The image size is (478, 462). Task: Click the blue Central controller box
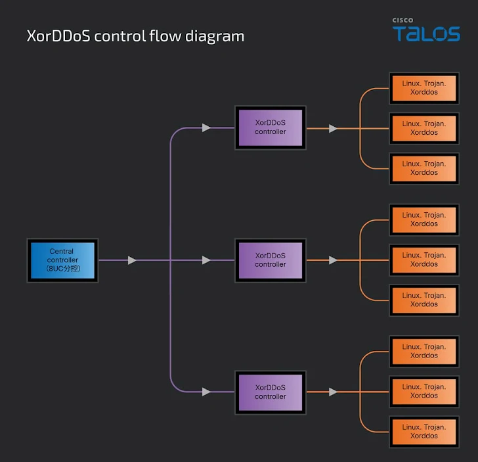(x=62, y=260)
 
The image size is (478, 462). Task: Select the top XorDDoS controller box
(x=271, y=127)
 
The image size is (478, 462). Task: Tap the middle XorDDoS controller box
(x=271, y=260)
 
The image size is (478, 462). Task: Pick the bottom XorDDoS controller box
(x=271, y=392)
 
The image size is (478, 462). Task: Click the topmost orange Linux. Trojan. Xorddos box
(x=424, y=88)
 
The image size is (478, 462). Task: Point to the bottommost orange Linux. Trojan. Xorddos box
(x=424, y=432)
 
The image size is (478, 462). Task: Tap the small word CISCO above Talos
(x=403, y=20)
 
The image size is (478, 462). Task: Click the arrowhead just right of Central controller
(x=133, y=261)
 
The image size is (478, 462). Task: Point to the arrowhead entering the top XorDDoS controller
(x=207, y=127)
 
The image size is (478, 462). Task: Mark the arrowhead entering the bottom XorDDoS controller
(x=207, y=392)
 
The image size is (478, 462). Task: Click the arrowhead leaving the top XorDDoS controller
(x=334, y=129)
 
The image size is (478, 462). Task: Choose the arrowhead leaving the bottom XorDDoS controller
(x=334, y=392)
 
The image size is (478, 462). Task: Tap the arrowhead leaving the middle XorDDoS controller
(x=334, y=260)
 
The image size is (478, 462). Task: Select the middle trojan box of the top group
(x=424, y=128)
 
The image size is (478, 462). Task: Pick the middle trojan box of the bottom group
(x=424, y=392)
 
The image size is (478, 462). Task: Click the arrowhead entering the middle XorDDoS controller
(x=207, y=261)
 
